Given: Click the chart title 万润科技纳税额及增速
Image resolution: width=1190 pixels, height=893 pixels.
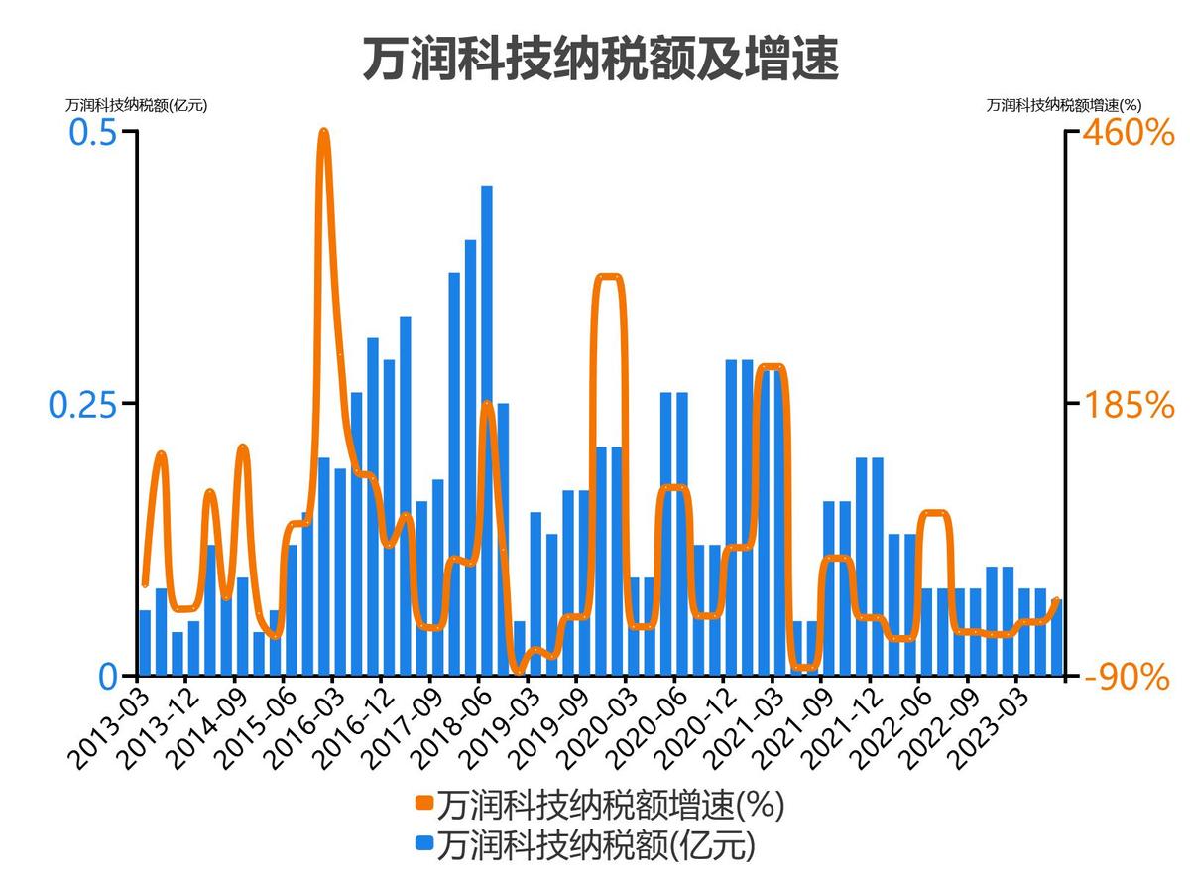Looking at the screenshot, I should [600, 59].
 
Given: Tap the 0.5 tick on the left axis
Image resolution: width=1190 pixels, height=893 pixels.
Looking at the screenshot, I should [92, 133].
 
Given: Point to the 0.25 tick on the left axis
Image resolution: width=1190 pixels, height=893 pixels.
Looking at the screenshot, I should [83, 404].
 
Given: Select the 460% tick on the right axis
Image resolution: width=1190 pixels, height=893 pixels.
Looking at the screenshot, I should [1128, 133].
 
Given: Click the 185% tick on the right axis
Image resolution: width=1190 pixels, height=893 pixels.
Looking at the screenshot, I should [1128, 404].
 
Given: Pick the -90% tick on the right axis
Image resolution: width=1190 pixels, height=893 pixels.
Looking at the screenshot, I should [1127, 677].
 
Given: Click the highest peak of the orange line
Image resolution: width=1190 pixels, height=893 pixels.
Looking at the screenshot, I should [323, 132].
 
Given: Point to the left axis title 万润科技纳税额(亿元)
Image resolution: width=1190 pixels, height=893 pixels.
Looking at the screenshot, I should [137, 105].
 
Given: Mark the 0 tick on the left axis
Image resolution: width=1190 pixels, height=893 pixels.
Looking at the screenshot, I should [107, 677].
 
